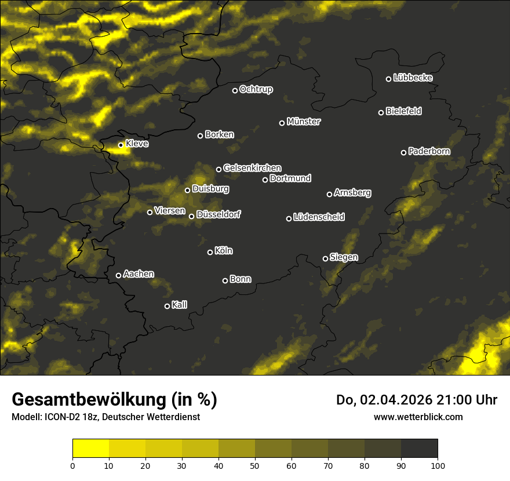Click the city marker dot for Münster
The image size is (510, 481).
click(282, 123)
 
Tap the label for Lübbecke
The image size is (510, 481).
click(413, 78)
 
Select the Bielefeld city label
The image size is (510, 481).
click(403, 111)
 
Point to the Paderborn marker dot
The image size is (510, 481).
click(404, 152)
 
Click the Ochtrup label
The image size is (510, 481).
click(256, 89)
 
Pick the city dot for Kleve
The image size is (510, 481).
click(121, 145)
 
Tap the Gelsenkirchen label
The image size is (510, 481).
click(252, 168)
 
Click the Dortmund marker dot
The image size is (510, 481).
click(265, 180)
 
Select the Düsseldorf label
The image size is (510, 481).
click(218, 214)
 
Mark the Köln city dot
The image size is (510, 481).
click(210, 252)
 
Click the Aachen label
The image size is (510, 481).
click(139, 274)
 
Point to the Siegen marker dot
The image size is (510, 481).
click(325, 258)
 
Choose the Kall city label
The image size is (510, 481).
click(179, 305)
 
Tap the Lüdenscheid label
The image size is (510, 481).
click(319, 217)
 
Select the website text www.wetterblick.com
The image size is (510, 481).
click(418, 417)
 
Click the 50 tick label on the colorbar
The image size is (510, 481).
click(255, 465)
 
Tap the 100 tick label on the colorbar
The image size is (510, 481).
click(438, 465)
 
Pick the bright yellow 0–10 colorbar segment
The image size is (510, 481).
click(90, 449)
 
